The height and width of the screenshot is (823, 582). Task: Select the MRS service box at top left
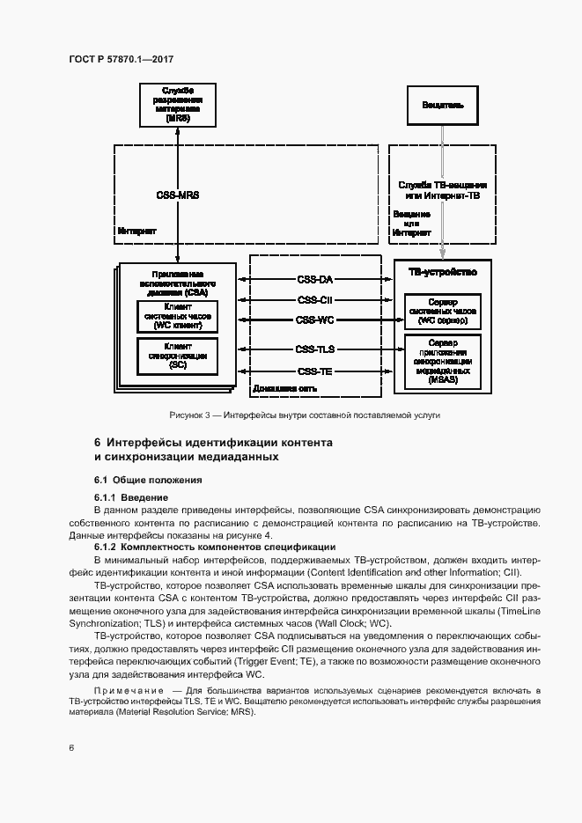click(178, 105)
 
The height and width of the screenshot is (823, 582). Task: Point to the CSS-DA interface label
click(314, 280)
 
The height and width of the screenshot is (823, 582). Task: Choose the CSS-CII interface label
click(314, 300)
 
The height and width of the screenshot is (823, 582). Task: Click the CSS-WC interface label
click(314, 320)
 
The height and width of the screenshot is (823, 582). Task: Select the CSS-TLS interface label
click(314, 349)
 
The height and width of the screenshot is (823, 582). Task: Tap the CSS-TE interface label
click(314, 371)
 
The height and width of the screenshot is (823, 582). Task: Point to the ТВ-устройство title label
click(443, 273)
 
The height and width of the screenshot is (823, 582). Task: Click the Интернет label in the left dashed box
click(136, 231)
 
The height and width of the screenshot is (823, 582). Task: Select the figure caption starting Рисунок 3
click(305, 414)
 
